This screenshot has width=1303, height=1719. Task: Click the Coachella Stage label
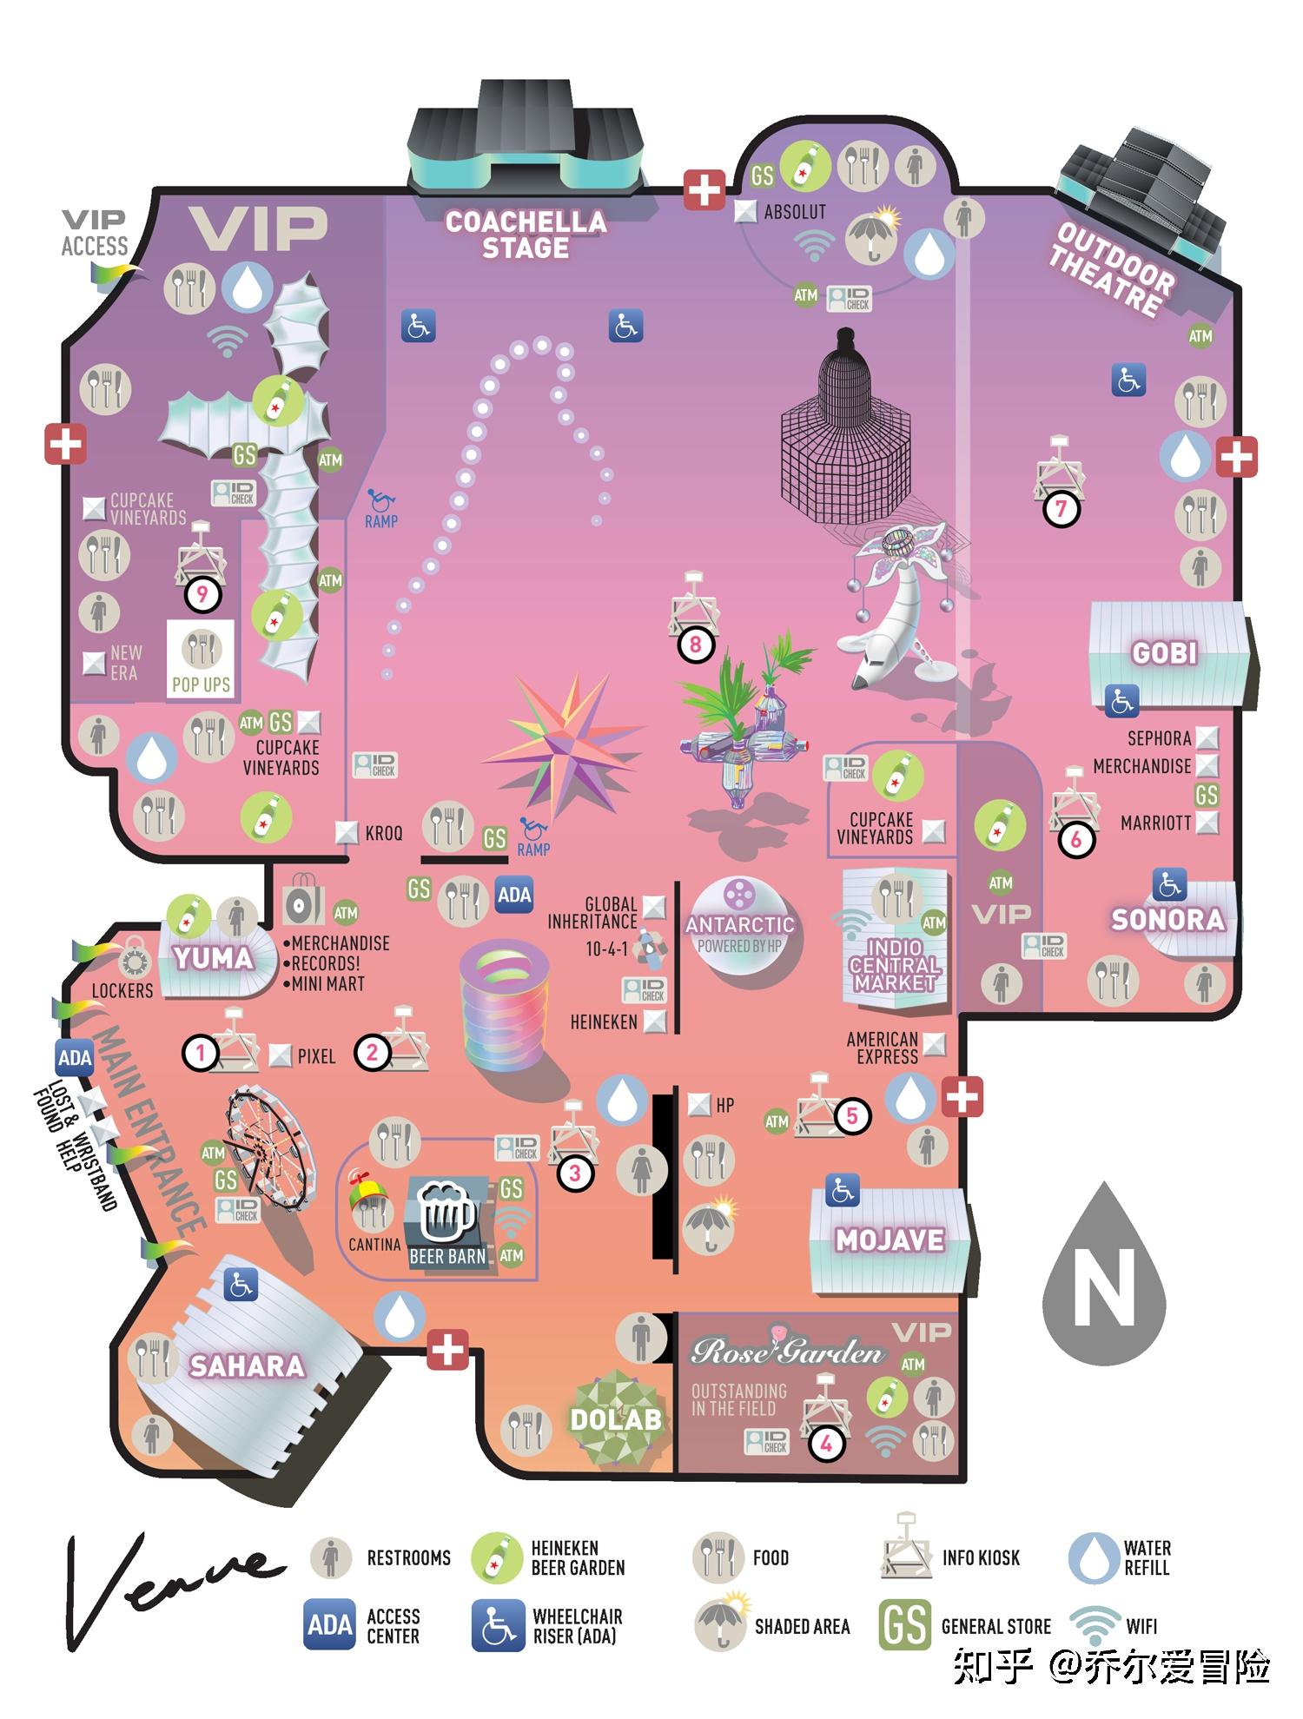coord(526,235)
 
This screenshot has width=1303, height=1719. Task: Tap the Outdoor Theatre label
coord(1111,268)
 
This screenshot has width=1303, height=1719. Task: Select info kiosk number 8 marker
coord(695,645)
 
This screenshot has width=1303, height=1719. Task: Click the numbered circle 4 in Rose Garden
coord(826,1444)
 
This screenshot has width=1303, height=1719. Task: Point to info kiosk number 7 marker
coord(1061,509)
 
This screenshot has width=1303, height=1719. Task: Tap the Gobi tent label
coord(1164,653)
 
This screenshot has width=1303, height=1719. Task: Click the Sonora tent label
coord(1167,919)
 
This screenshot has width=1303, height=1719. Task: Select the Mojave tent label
coord(890,1240)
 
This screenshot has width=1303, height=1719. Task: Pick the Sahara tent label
coord(247,1366)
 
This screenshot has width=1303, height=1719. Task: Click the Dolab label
coord(616,1420)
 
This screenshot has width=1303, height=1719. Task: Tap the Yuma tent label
coord(213,958)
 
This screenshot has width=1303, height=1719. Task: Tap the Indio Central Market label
coord(894,964)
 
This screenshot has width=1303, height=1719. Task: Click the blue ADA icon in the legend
coord(329,1624)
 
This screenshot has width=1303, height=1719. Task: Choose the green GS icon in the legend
coord(904,1624)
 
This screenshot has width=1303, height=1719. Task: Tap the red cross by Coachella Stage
coord(704,189)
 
